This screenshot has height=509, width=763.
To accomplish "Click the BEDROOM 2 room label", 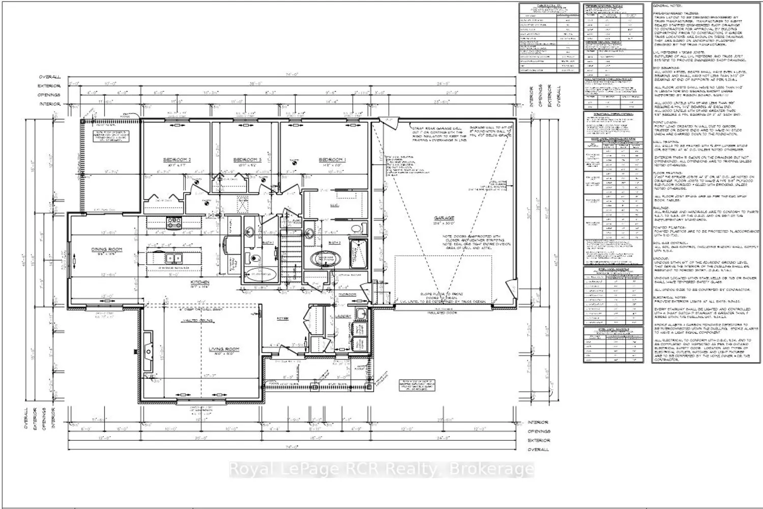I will (176, 160).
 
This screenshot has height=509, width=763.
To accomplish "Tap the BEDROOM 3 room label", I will (247, 160).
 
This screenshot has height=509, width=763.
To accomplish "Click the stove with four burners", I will (174, 220).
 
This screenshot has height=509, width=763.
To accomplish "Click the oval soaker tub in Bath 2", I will (324, 258).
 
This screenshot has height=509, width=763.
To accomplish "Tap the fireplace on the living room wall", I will (147, 351).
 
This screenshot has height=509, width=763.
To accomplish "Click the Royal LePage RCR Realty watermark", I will (382, 469).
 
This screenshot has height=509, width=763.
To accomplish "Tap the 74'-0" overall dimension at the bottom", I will (290, 446).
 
